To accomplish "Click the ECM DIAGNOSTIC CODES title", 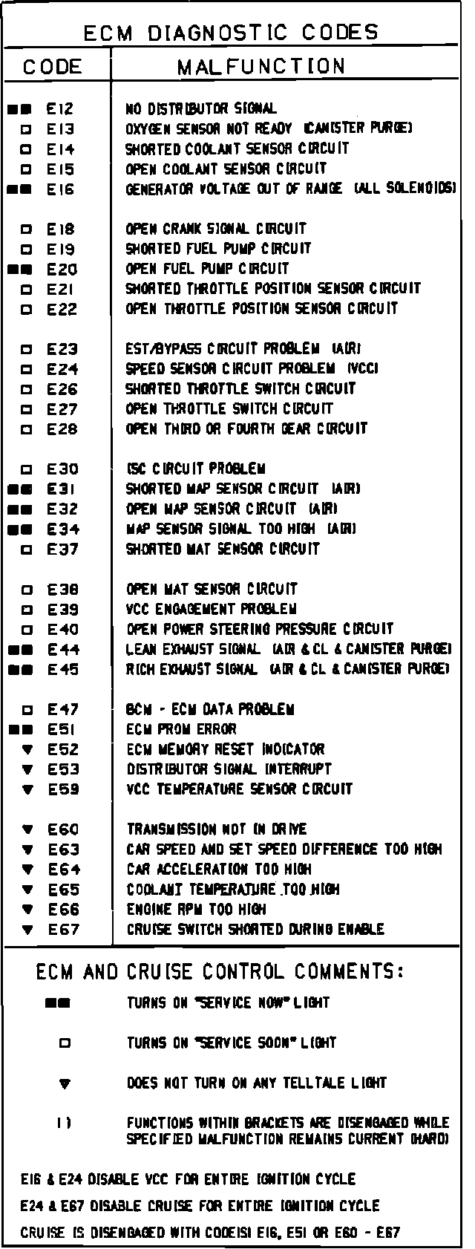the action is pyautogui.click(x=231, y=33).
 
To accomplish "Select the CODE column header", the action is pyautogui.click(x=52, y=67).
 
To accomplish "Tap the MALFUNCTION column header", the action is pyautogui.click(x=261, y=67).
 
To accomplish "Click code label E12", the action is pyautogui.click(x=61, y=109).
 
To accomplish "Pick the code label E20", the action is pyautogui.click(x=62, y=270).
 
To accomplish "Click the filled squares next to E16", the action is pyautogui.click(x=19, y=189).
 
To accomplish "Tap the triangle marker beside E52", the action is pyautogui.click(x=28, y=750).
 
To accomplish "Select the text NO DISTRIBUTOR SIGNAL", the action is pyautogui.click(x=201, y=109).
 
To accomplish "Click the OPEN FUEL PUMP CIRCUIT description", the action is pyautogui.click(x=207, y=269).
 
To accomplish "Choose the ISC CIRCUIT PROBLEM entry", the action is pyautogui.click(x=196, y=469).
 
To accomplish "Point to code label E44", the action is pyautogui.click(x=63, y=650).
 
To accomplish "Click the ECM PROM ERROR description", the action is pyautogui.click(x=181, y=729).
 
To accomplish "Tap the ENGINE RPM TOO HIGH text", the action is pyautogui.click(x=196, y=910).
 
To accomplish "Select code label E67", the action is pyautogui.click(x=63, y=930).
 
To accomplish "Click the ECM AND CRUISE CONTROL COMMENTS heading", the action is pyautogui.click(x=220, y=971).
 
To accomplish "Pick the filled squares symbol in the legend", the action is pyautogui.click(x=57, y=1003).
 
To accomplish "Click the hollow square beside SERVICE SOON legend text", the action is pyautogui.click(x=65, y=1043).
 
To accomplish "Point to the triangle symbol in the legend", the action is pyautogui.click(x=65, y=1084).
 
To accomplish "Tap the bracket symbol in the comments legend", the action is pyautogui.click(x=65, y=1124).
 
